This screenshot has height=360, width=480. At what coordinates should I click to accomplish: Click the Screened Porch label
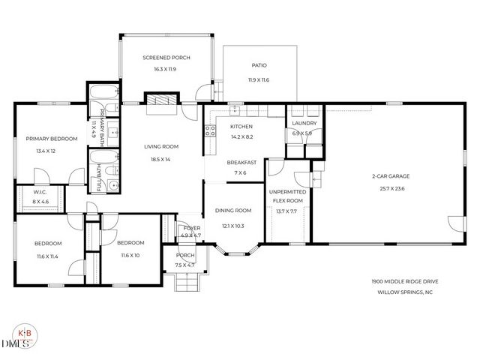point(166,58)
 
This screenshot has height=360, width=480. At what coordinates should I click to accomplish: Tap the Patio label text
point(259,65)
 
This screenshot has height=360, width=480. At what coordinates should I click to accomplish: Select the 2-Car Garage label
point(388,177)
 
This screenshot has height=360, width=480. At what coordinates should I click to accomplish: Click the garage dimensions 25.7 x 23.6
point(388,188)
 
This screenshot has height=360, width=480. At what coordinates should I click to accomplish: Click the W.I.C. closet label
point(40,192)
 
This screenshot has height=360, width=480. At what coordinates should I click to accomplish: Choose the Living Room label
point(160,146)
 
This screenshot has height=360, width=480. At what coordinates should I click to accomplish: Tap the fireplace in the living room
point(161,101)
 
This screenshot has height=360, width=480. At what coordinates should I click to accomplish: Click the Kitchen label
point(241,127)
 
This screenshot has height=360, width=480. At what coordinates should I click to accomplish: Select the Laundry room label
point(304,123)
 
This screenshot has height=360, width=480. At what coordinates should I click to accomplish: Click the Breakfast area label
point(241,162)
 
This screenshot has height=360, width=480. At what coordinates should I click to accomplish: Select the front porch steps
point(184,283)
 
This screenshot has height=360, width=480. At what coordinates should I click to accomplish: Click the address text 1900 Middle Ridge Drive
point(405,281)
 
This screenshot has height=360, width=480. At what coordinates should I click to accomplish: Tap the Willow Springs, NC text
point(405,292)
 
